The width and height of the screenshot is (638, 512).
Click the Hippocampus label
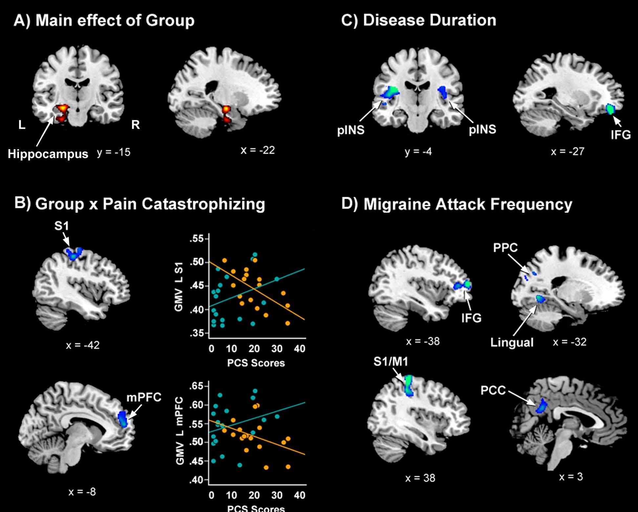point(48,154)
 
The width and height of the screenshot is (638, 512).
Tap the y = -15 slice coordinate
point(114,152)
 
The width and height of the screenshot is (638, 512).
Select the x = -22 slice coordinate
point(258,150)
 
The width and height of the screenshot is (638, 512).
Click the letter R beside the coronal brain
point(135,125)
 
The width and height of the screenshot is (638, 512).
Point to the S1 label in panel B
point(62,226)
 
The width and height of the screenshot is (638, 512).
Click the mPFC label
point(144,397)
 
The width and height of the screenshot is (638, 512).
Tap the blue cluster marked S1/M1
point(409,385)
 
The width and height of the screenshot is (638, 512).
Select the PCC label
point(493,390)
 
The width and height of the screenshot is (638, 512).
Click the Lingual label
point(512,343)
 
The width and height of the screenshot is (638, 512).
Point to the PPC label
point(505,248)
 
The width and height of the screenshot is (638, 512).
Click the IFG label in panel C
point(621,134)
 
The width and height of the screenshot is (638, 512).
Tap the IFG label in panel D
point(471,318)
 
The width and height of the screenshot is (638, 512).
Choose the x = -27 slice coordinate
point(567,151)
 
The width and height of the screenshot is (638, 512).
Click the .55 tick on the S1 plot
point(197,239)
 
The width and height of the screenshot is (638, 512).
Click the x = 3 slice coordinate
point(571,477)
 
